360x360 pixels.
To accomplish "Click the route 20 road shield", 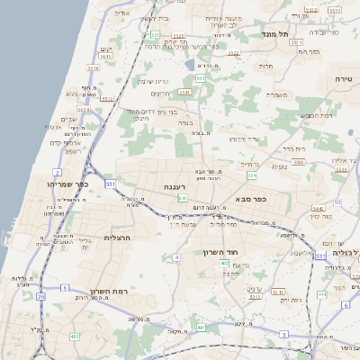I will [40, 296].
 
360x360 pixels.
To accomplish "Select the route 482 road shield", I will [75, 337].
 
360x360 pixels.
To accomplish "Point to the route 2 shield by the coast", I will [57, 170].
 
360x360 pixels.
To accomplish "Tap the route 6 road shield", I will [345, 304].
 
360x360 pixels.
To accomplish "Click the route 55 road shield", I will [338, 202].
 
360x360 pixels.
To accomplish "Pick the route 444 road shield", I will [322, 294].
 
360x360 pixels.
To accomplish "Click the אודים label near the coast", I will [122, 13].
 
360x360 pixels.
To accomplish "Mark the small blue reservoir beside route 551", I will [190, 65].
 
